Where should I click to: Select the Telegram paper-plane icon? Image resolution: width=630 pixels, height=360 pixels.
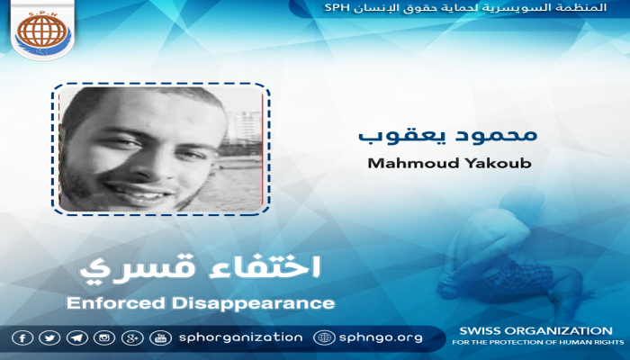click(x=78, y=337)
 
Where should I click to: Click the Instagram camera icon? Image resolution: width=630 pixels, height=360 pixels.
click(x=105, y=337)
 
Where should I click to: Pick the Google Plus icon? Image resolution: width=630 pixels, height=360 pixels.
click(x=133, y=337)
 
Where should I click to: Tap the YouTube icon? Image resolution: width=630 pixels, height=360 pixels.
click(x=161, y=337)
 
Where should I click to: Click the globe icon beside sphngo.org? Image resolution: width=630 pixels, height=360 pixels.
click(x=325, y=337)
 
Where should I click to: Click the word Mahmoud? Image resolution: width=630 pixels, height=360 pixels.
click(x=398, y=165)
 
